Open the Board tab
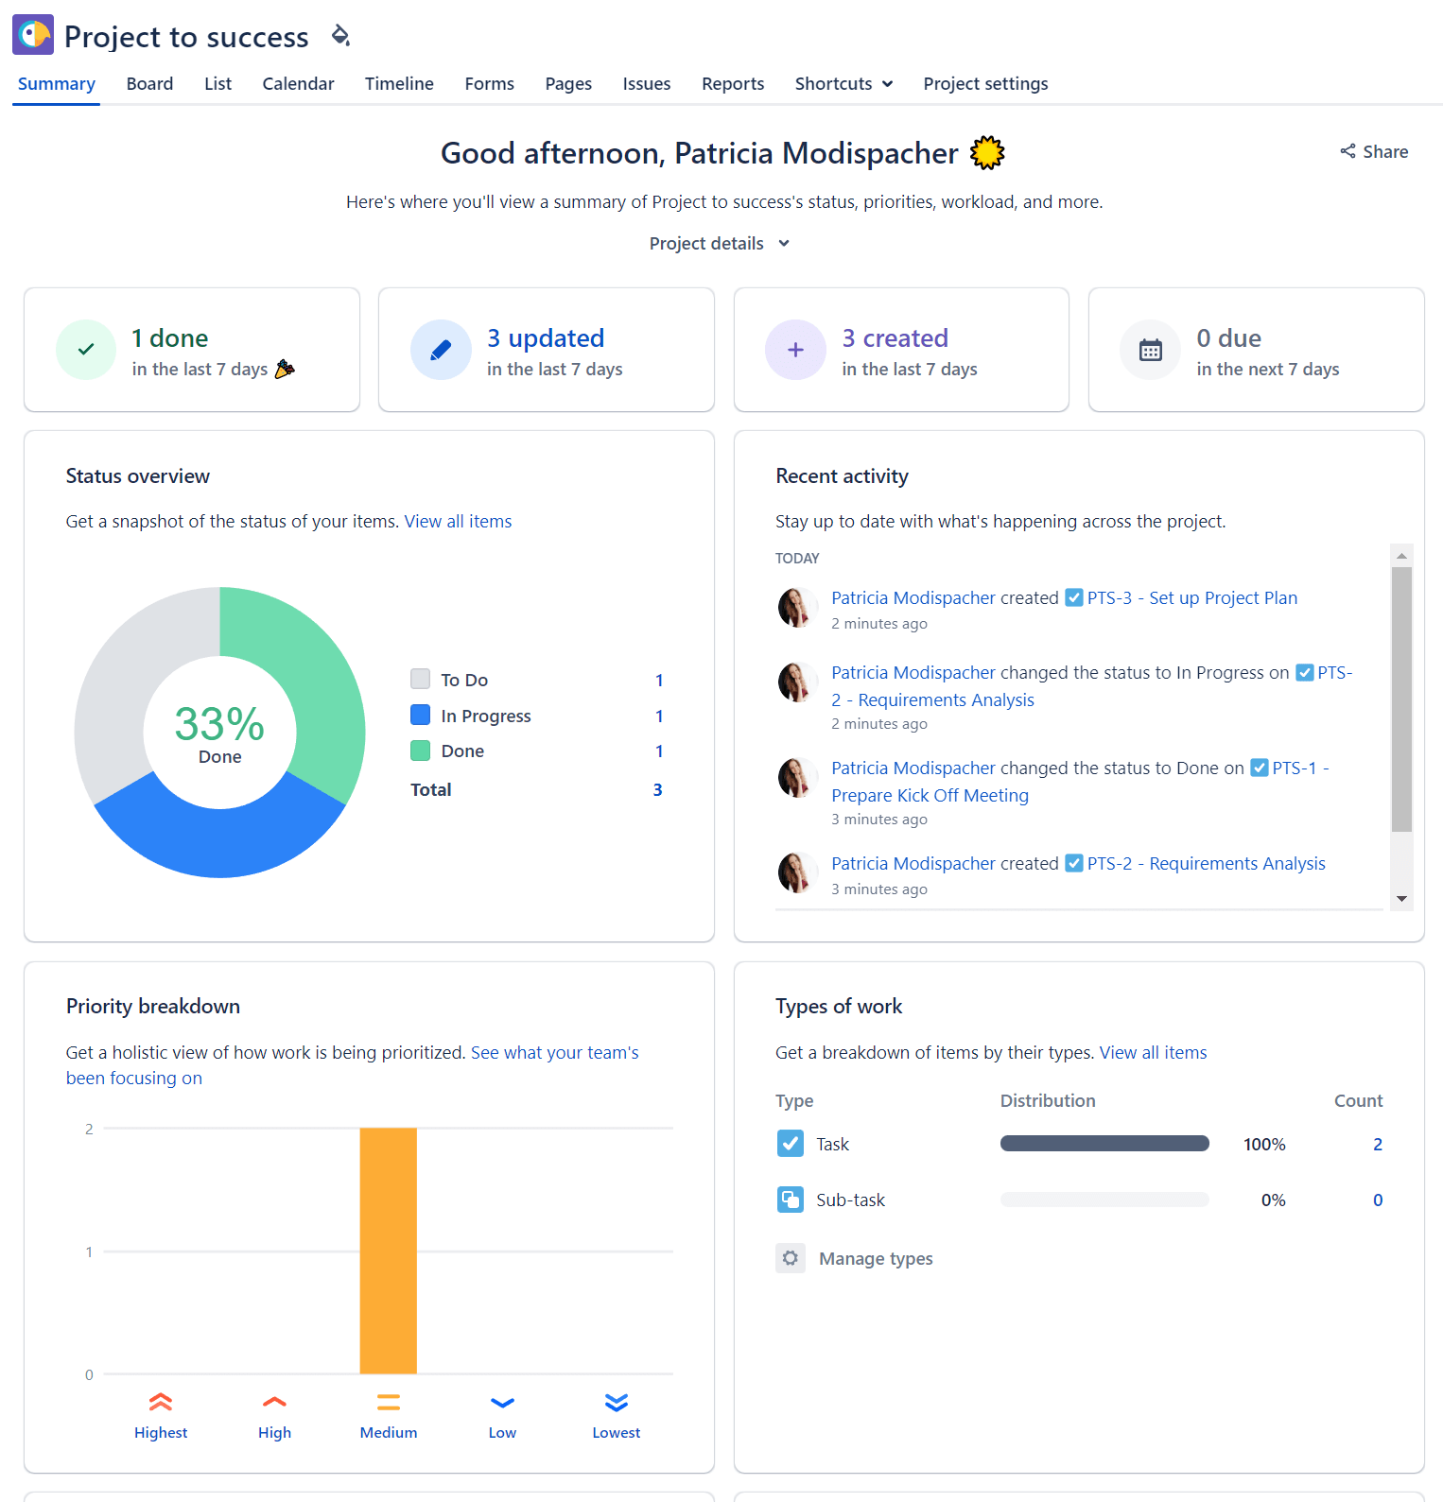pyautogui.click(x=149, y=84)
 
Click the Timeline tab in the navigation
pyautogui.click(x=399, y=84)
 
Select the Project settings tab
pyautogui.click(x=985, y=84)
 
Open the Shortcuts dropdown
pyautogui.click(x=843, y=84)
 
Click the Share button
pyautogui.click(x=1374, y=152)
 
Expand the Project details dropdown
pyautogui.click(x=719, y=244)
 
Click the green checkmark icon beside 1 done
pyautogui.click(x=86, y=350)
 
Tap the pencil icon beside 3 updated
pyautogui.click(x=441, y=350)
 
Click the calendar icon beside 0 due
pyautogui.click(x=1150, y=350)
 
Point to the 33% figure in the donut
pyautogui.click(x=219, y=724)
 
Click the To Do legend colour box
pyautogui.click(x=421, y=679)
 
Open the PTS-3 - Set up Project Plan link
pyautogui.click(x=1191, y=598)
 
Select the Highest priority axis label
pyautogui.click(x=161, y=1433)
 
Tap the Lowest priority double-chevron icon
pyautogui.click(x=617, y=1403)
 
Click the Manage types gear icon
pyautogui.click(x=791, y=1258)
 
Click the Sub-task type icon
pyautogui.click(x=791, y=1200)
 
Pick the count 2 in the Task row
pyautogui.click(x=1378, y=1145)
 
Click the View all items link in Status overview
pyautogui.click(x=458, y=522)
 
